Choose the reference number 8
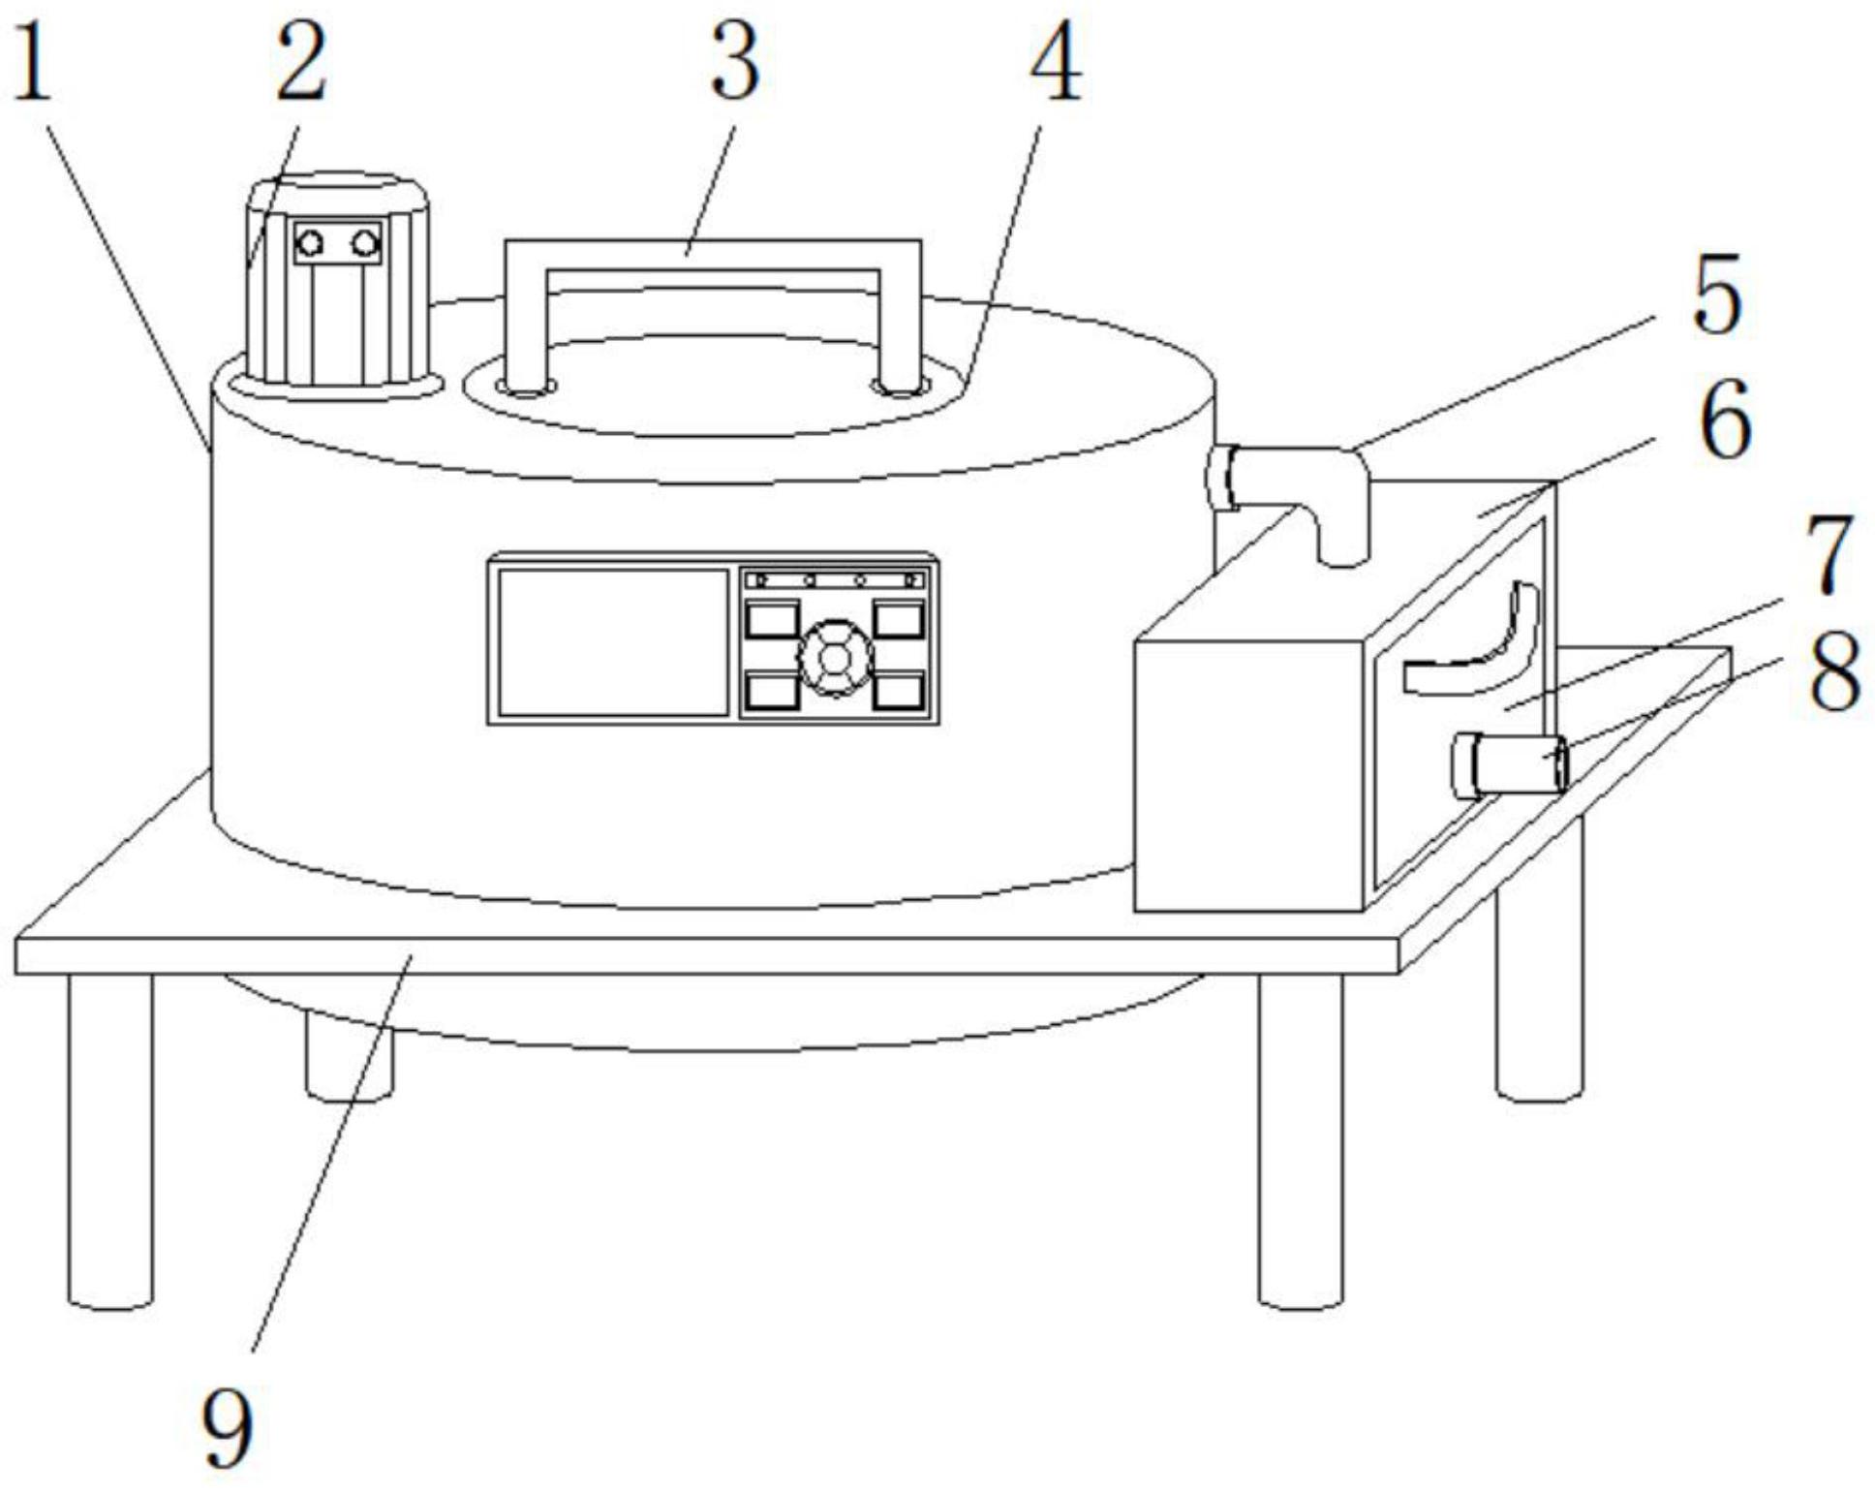1834,674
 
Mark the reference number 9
229,1428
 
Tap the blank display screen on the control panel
613,641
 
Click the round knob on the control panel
834,658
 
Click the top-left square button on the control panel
772,619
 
